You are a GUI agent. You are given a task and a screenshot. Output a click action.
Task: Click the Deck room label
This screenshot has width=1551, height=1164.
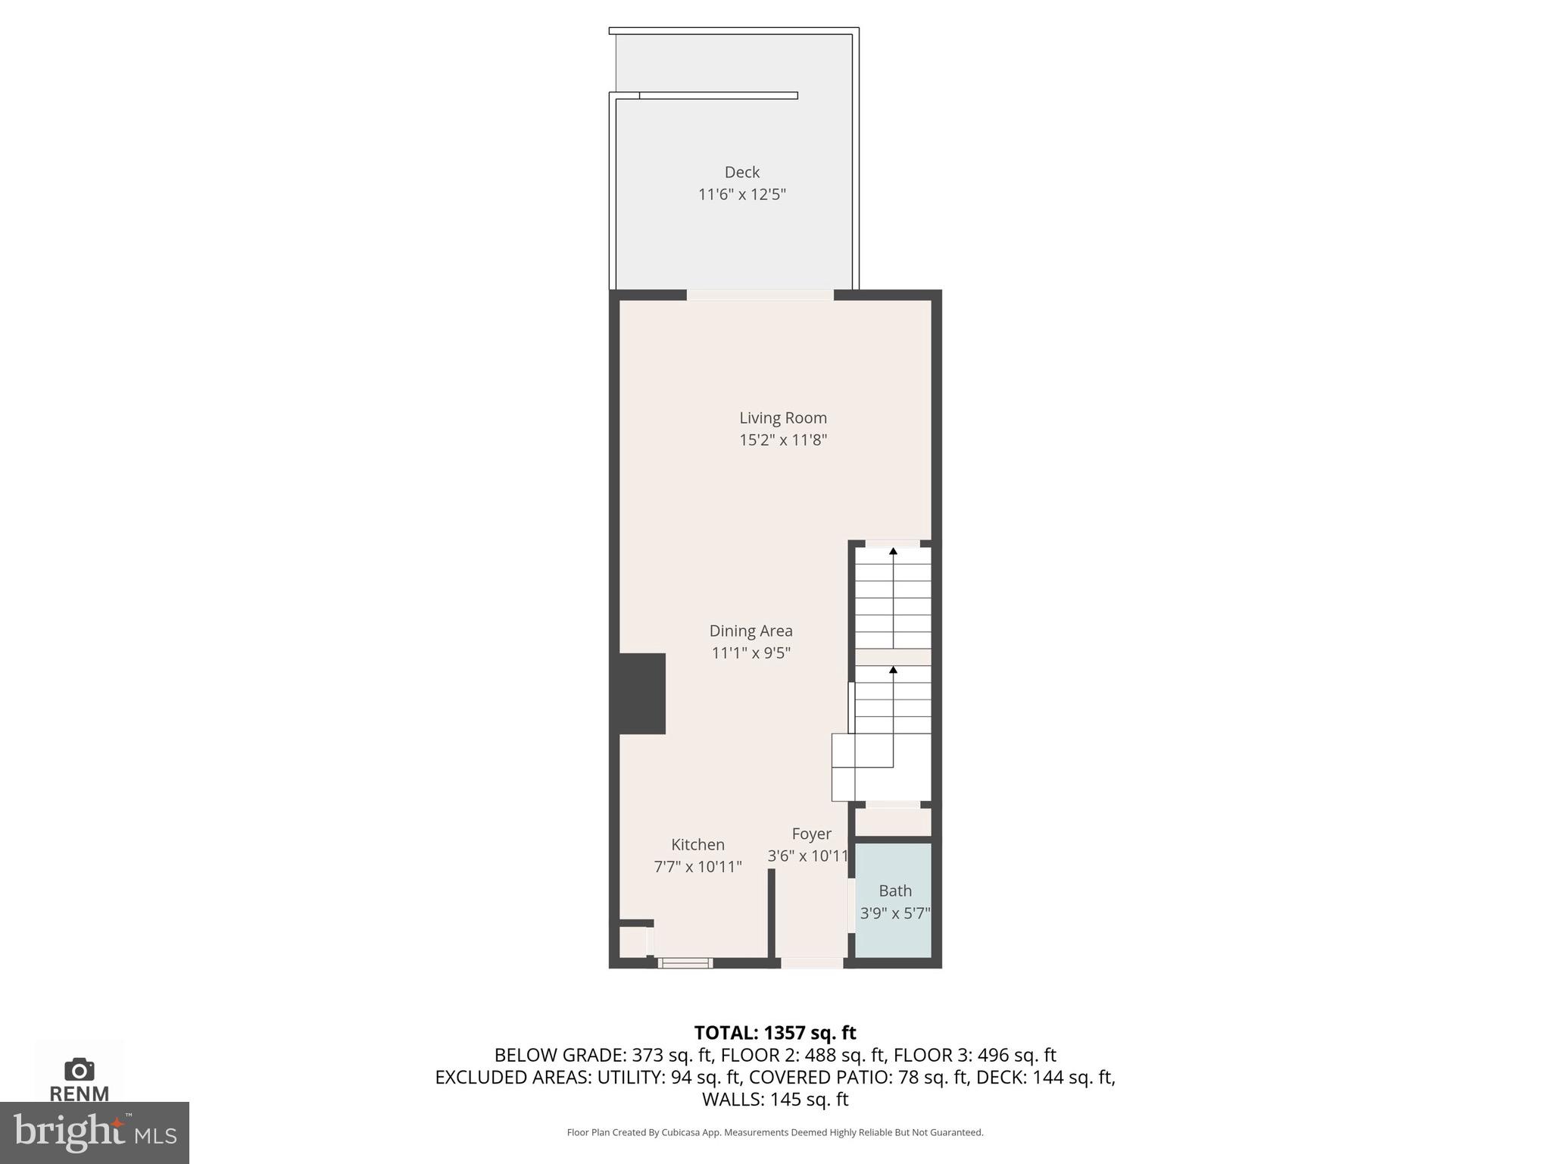[741, 172]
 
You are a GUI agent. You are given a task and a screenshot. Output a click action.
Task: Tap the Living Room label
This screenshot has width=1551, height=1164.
[782, 418]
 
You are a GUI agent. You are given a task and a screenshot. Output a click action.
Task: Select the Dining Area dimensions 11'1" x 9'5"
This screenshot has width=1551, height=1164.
[751, 652]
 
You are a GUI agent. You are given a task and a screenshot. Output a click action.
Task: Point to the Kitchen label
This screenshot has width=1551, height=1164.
[697, 844]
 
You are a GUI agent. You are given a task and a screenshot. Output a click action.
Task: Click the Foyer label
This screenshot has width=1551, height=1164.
[811, 834]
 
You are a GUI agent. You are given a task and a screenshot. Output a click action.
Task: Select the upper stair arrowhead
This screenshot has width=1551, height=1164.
[893, 552]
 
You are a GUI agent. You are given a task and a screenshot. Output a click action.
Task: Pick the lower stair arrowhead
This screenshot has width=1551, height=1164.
[893, 670]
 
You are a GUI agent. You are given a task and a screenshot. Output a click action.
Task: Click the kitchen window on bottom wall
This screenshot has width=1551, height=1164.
[685, 963]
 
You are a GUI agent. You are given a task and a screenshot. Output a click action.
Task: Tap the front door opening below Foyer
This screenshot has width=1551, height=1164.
[812, 963]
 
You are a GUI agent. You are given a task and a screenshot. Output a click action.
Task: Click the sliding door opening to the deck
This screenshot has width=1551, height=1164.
[760, 295]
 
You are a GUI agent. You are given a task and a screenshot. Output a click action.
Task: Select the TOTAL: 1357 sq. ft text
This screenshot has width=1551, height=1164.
[775, 1033]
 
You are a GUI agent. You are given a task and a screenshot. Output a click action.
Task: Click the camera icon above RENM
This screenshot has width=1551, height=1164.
[80, 1069]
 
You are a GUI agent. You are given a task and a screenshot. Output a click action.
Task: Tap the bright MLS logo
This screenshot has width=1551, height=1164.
[94, 1132]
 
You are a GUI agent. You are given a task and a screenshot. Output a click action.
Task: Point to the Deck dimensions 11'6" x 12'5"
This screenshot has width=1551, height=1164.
[741, 195]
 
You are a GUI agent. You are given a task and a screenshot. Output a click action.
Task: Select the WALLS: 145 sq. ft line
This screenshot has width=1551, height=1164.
[775, 1099]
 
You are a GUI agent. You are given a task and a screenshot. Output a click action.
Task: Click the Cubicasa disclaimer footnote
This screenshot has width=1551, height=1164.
[775, 1132]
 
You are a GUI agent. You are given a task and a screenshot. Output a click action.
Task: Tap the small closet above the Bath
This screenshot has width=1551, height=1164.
[893, 822]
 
